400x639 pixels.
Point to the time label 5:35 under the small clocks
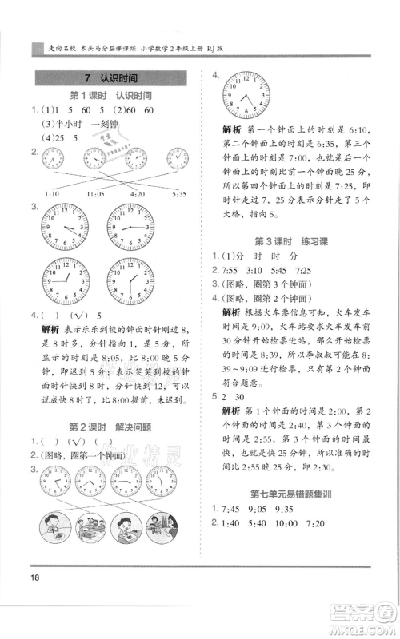[x=178, y=193]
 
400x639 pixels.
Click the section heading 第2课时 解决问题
[x=111, y=427]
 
